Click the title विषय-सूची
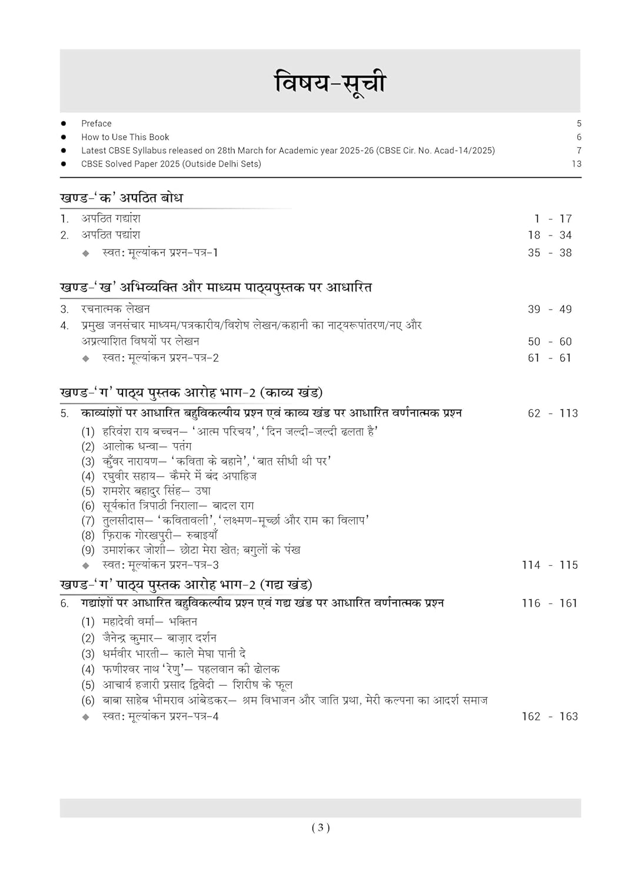tap(330, 82)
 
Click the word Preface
tap(96, 124)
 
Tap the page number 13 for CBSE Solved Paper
tap(576, 164)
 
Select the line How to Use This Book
tap(125, 137)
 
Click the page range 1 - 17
tap(553, 219)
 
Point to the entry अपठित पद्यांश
tap(111, 235)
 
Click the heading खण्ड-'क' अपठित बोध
tap(121, 198)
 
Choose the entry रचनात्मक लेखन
tap(115, 309)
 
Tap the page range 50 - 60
tap(550, 341)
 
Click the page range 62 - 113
tap(553, 413)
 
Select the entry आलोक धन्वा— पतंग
tap(147, 447)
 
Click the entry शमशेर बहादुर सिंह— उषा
tap(156, 491)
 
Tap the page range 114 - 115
tap(550, 565)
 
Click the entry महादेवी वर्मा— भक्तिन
tap(149, 622)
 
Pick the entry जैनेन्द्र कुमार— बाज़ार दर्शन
tap(159, 638)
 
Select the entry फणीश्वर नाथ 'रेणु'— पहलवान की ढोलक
tap(191, 669)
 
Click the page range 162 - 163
tap(550, 716)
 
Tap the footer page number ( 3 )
tap(321, 828)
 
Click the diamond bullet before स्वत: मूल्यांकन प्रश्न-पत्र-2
tap(86, 358)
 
